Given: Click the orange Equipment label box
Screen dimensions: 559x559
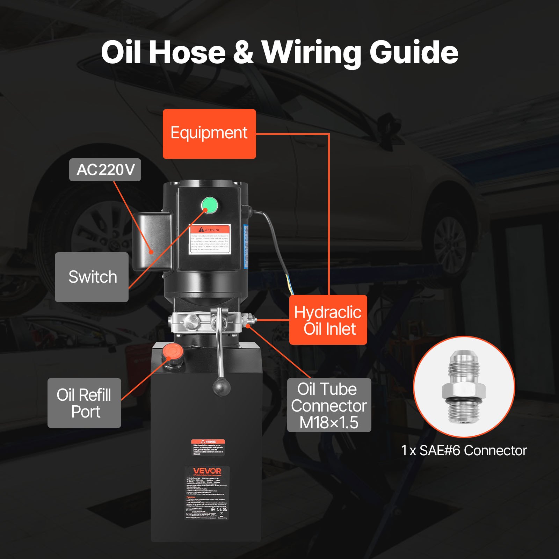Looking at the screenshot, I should (x=209, y=134).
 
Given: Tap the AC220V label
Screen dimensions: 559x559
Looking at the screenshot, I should (x=105, y=170).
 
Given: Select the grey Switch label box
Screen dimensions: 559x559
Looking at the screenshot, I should (x=92, y=277).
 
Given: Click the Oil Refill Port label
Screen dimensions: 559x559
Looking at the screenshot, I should (x=84, y=403).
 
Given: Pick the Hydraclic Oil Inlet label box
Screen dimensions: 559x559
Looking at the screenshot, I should (x=328, y=320).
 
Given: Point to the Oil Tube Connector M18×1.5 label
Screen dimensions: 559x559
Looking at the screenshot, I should (x=329, y=405).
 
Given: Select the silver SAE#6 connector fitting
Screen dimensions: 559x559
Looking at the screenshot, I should (x=464, y=387).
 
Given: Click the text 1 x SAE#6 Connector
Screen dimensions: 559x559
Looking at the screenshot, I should (x=464, y=451).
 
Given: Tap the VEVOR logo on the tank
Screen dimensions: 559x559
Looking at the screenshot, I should (x=207, y=471).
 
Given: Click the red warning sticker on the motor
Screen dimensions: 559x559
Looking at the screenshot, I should (x=210, y=239).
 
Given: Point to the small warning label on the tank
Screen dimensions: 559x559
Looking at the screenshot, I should (x=208, y=447).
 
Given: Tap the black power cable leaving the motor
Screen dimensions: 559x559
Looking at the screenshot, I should (x=276, y=238).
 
